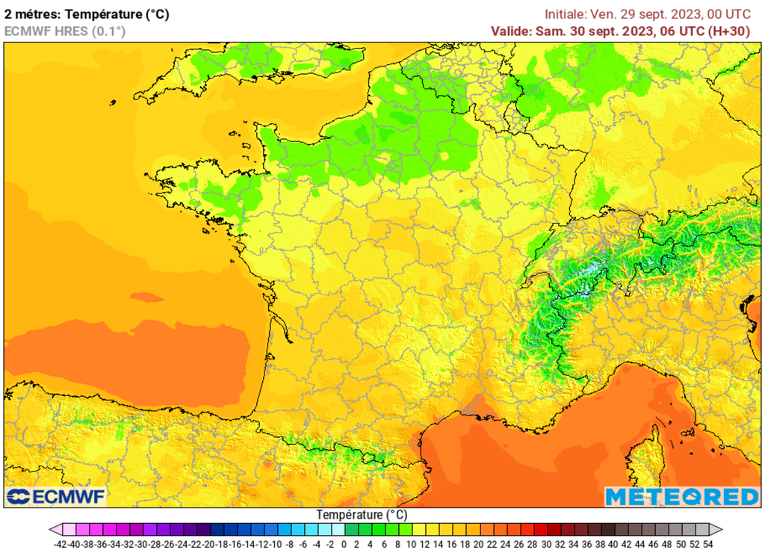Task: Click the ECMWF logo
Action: click(x=56, y=497)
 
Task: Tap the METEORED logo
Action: click(x=681, y=497)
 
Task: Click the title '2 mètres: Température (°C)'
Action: click(x=87, y=13)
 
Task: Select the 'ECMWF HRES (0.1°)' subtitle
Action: click(x=65, y=31)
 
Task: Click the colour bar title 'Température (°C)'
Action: click(x=362, y=515)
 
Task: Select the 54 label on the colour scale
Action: click(x=707, y=545)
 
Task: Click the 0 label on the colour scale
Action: click(x=344, y=545)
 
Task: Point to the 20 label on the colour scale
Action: click(x=478, y=545)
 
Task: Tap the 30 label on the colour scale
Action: click(x=546, y=545)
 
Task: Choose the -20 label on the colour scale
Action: click(x=210, y=545)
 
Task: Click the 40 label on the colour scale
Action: click(x=613, y=545)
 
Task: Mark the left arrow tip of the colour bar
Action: click(x=52, y=530)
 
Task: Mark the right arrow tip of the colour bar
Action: click(x=721, y=530)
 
